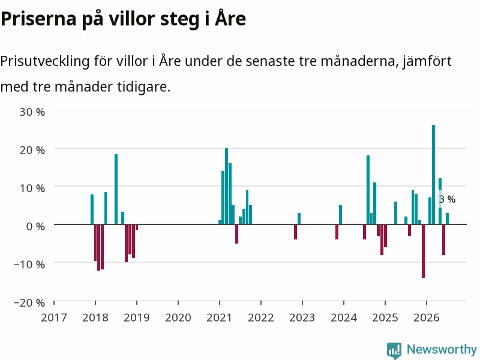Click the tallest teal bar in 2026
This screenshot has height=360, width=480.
[x=433, y=175]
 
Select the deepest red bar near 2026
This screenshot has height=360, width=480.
[x=423, y=251]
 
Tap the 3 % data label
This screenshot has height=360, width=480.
[x=447, y=199]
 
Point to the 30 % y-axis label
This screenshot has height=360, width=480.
[x=32, y=112]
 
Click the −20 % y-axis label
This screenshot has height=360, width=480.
[x=29, y=302]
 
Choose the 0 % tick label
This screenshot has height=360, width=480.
[x=35, y=226]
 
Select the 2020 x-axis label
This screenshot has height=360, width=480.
[x=178, y=317]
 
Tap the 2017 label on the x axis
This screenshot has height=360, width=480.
[x=54, y=317]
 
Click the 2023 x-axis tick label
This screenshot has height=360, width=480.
[x=302, y=317]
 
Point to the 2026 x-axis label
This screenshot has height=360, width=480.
[x=427, y=317]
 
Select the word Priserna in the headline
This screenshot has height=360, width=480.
[x=38, y=19]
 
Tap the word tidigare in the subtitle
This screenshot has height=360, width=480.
[x=143, y=86]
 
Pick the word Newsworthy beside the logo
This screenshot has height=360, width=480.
[x=442, y=349]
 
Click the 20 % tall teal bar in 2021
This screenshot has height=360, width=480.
[x=227, y=186]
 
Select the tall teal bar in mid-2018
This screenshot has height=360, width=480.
[x=116, y=189]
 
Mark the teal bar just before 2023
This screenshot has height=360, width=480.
[x=299, y=218]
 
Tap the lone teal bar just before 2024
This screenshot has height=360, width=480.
[x=340, y=215]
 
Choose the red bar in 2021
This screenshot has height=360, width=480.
[x=236, y=234]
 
